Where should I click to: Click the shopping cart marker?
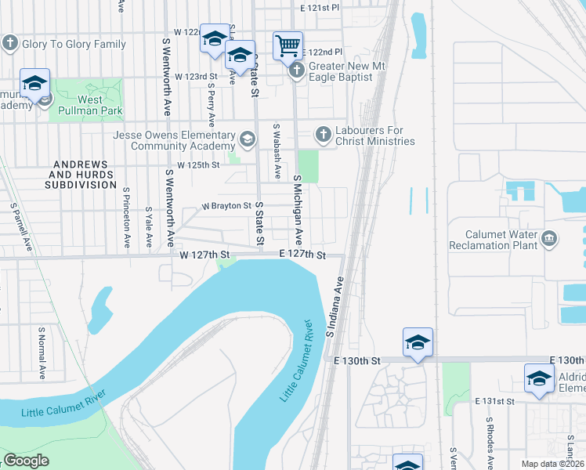coord(288,46)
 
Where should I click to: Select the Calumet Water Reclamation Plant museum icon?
coord(549,237)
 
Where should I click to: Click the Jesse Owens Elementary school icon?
coord(248,140)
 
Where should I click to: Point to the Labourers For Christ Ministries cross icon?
coord(323,135)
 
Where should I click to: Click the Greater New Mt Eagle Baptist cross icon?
coord(297,71)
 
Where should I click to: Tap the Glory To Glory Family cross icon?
coord(10,43)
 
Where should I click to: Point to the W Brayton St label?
coord(226,206)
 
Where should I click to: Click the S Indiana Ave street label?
coord(335,306)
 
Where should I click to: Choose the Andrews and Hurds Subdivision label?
coord(81,175)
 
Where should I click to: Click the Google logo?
coord(27,461)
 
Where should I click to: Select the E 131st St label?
coord(495,400)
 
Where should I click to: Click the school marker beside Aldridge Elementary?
coord(539,378)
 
